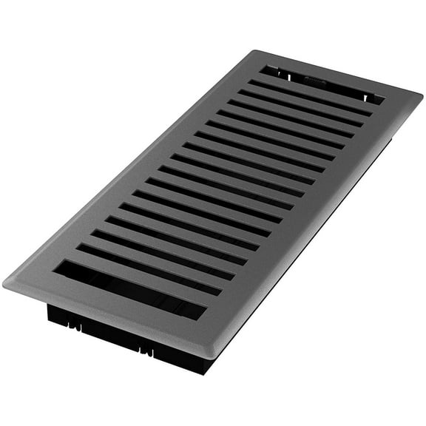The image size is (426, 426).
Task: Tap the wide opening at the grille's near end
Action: tap(126, 288)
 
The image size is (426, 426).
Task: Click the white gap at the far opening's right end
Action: tap(377, 99)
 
